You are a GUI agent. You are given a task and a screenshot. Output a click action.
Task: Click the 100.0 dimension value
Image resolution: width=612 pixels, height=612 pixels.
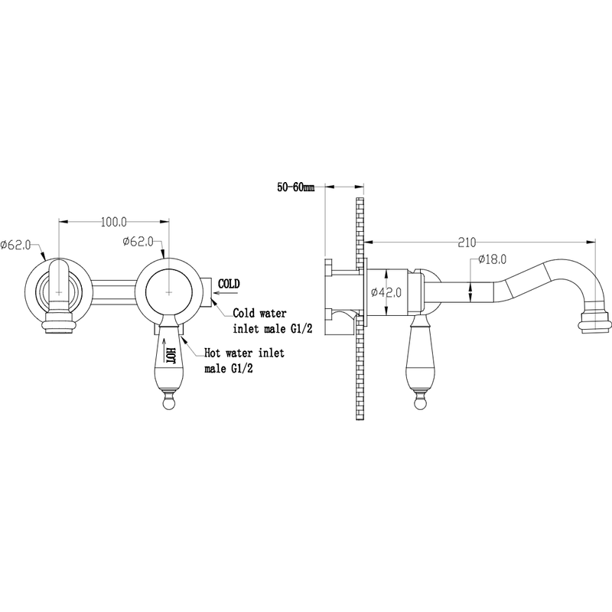click(114, 222)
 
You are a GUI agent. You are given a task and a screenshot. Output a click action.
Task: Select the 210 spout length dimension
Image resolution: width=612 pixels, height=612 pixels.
click(467, 243)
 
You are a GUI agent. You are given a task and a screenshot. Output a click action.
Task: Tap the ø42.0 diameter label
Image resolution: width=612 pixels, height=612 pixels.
click(386, 291)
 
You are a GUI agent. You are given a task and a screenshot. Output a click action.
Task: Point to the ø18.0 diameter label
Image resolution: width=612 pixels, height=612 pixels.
click(492, 259)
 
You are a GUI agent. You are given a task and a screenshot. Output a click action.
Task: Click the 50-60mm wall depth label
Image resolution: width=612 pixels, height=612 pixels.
click(296, 187)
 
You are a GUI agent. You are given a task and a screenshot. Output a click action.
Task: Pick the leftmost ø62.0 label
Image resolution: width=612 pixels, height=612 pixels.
click(15, 245)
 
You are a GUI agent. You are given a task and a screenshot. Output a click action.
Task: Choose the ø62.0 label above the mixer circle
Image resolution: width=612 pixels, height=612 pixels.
click(138, 242)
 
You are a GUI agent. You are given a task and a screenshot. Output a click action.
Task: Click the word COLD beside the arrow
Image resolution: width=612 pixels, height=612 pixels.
click(229, 284)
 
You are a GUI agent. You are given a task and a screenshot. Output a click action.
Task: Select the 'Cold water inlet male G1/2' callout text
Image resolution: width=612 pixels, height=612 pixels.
click(272, 321)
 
